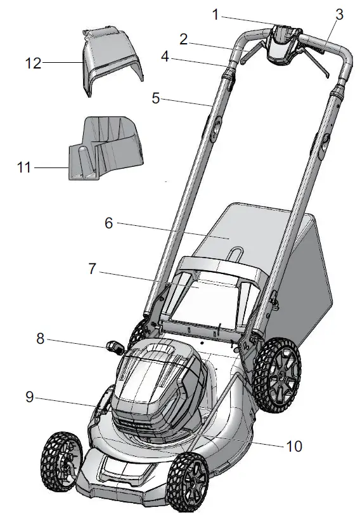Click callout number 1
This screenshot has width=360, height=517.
[x=215, y=15]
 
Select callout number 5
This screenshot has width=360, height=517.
[x=156, y=99]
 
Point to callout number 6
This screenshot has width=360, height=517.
[x=108, y=223]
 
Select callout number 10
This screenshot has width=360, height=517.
[x=293, y=446]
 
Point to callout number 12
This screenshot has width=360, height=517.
[x=34, y=63]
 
